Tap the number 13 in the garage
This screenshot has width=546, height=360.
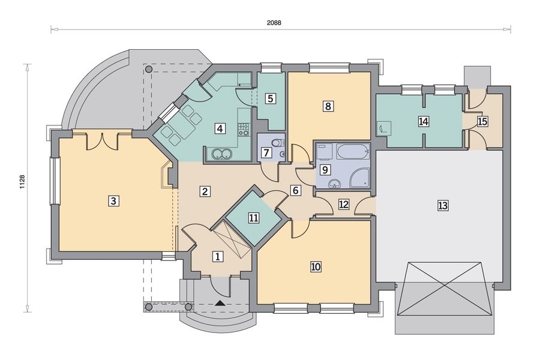(x=442, y=205)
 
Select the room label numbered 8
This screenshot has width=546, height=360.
(x=328, y=106)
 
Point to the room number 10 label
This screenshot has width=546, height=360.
(x=316, y=266)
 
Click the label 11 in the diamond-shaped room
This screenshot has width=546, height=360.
(x=254, y=218)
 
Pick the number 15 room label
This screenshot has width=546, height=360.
(x=482, y=122)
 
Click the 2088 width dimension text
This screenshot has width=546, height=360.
(x=274, y=23)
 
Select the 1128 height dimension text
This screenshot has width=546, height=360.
(x=22, y=182)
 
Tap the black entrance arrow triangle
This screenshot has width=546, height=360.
(x=220, y=303)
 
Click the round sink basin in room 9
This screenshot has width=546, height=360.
(x=335, y=183)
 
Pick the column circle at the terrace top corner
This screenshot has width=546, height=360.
(x=149, y=69)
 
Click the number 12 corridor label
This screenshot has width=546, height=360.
(x=343, y=204)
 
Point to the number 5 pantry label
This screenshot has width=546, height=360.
(x=270, y=98)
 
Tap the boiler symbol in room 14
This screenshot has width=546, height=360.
(x=383, y=128)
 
